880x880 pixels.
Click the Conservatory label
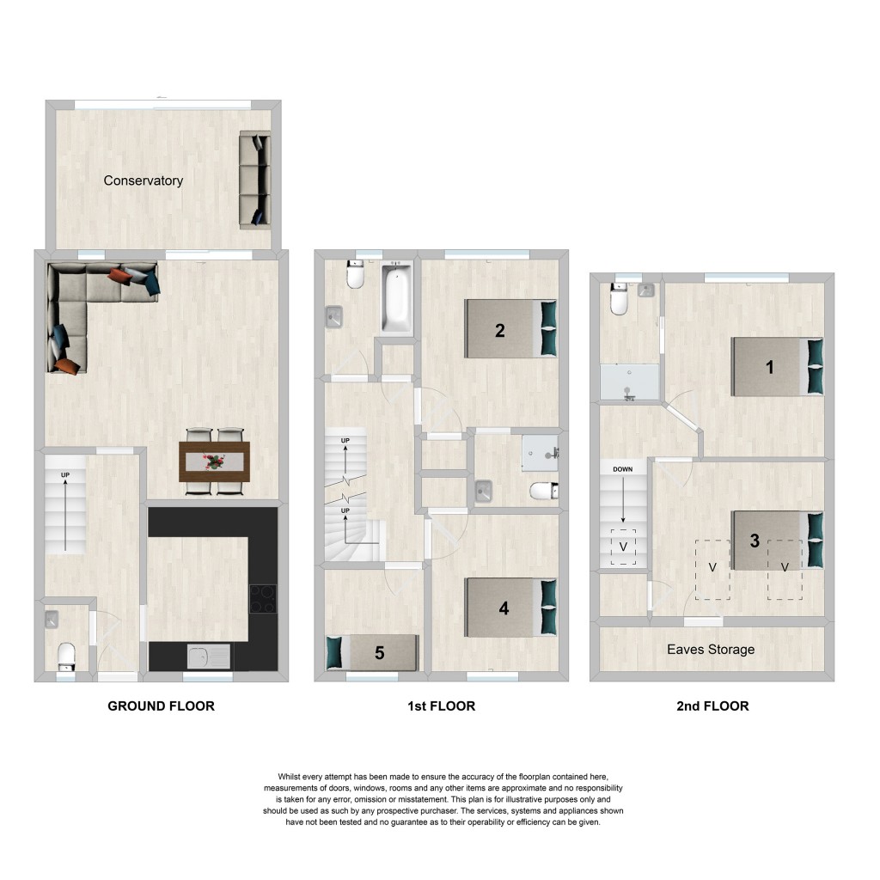(x=144, y=180)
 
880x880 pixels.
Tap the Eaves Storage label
(x=711, y=650)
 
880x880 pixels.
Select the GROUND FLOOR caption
(x=161, y=706)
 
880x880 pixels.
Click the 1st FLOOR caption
(x=441, y=706)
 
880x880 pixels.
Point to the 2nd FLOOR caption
(x=712, y=706)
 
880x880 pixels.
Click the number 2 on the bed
(x=500, y=331)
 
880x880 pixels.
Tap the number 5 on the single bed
(x=379, y=653)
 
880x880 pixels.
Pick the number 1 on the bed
(x=770, y=367)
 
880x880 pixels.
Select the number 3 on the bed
(x=755, y=541)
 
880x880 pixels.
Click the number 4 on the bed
(x=504, y=608)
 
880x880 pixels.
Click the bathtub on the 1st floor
(x=397, y=298)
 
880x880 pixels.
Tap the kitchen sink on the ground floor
(x=208, y=657)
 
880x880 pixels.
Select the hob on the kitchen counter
(x=263, y=599)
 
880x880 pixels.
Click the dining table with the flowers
(x=214, y=461)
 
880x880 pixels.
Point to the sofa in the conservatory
(x=255, y=180)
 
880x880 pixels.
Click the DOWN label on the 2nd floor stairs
(x=622, y=469)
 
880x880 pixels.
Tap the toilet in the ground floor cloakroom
(x=66, y=657)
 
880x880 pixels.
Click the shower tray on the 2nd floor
(x=630, y=382)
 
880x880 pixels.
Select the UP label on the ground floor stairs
(x=65, y=474)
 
